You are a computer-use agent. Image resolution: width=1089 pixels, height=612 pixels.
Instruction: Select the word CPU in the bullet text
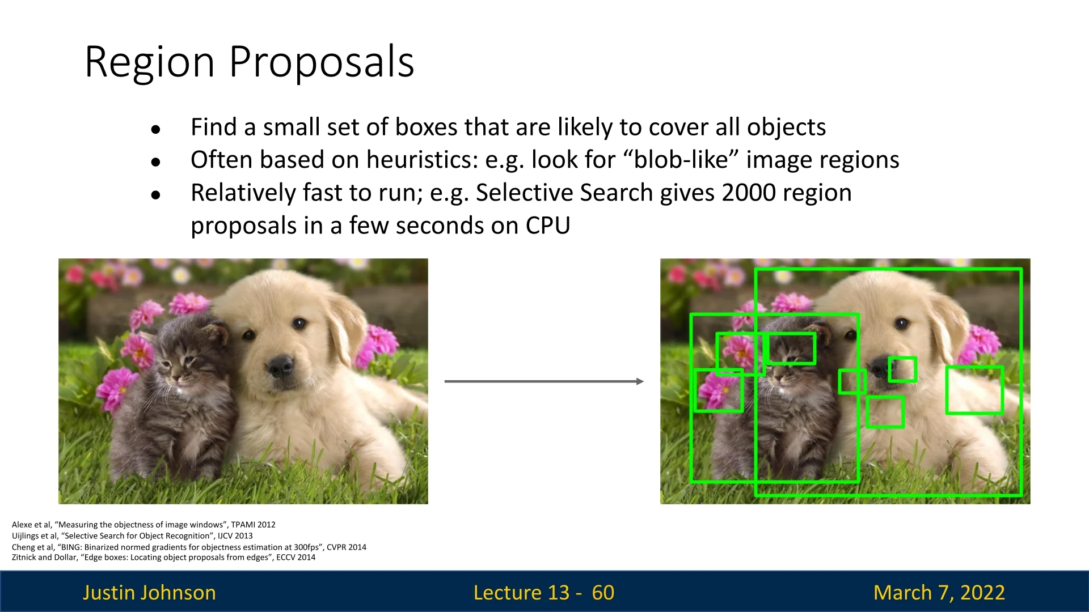click(x=548, y=226)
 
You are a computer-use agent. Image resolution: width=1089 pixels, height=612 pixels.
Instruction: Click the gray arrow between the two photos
click(x=544, y=381)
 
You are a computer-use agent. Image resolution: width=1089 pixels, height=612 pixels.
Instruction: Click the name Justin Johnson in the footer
click(x=149, y=592)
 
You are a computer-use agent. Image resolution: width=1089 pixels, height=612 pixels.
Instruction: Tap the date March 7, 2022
click(x=939, y=592)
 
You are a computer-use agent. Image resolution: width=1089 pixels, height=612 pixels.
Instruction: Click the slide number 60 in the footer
click(x=603, y=592)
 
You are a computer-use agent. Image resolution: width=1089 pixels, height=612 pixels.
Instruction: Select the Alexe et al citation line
click(x=143, y=525)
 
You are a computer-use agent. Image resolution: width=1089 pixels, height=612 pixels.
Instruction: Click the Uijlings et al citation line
click(x=132, y=535)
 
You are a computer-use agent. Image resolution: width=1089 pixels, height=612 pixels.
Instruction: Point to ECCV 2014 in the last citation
click(x=296, y=557)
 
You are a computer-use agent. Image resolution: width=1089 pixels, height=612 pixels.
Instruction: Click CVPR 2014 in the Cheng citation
click(x=347, y=547)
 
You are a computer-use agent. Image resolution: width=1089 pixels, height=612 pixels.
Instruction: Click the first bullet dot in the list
click(x=156, y=130)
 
